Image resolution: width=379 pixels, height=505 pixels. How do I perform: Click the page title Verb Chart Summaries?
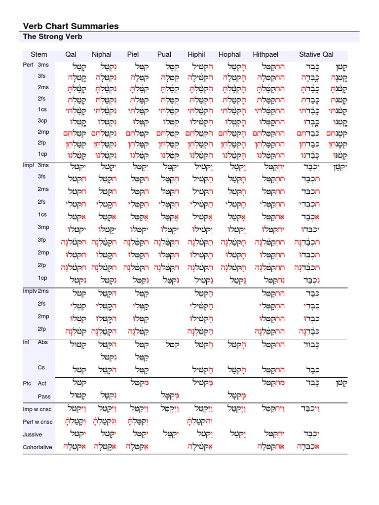(x=71, y=26)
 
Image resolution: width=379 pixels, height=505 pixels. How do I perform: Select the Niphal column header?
(x=102, y=54)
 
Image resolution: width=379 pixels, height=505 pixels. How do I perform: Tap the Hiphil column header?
(x=196, y=54)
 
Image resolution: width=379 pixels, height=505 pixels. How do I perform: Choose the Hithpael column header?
(x=265, y=54)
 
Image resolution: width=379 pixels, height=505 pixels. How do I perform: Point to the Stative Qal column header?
(x=316, y=54)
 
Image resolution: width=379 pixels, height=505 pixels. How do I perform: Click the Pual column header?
(x=164, y=54)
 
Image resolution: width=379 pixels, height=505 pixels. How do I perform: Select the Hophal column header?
(x=229, y=54)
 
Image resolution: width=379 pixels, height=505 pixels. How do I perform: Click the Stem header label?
(x=39, y=54)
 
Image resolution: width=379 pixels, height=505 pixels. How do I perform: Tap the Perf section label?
(x=28, y=65)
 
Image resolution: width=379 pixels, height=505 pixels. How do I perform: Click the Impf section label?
(x=28, y=165)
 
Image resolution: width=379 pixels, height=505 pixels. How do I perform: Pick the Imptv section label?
(x=30, y=291)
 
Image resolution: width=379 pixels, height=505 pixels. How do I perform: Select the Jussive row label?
(x=33, y=434)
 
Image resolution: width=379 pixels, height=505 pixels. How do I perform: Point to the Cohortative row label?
(x=38, y=447)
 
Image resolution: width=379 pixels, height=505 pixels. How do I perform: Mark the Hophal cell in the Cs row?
(x=231, y=368)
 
